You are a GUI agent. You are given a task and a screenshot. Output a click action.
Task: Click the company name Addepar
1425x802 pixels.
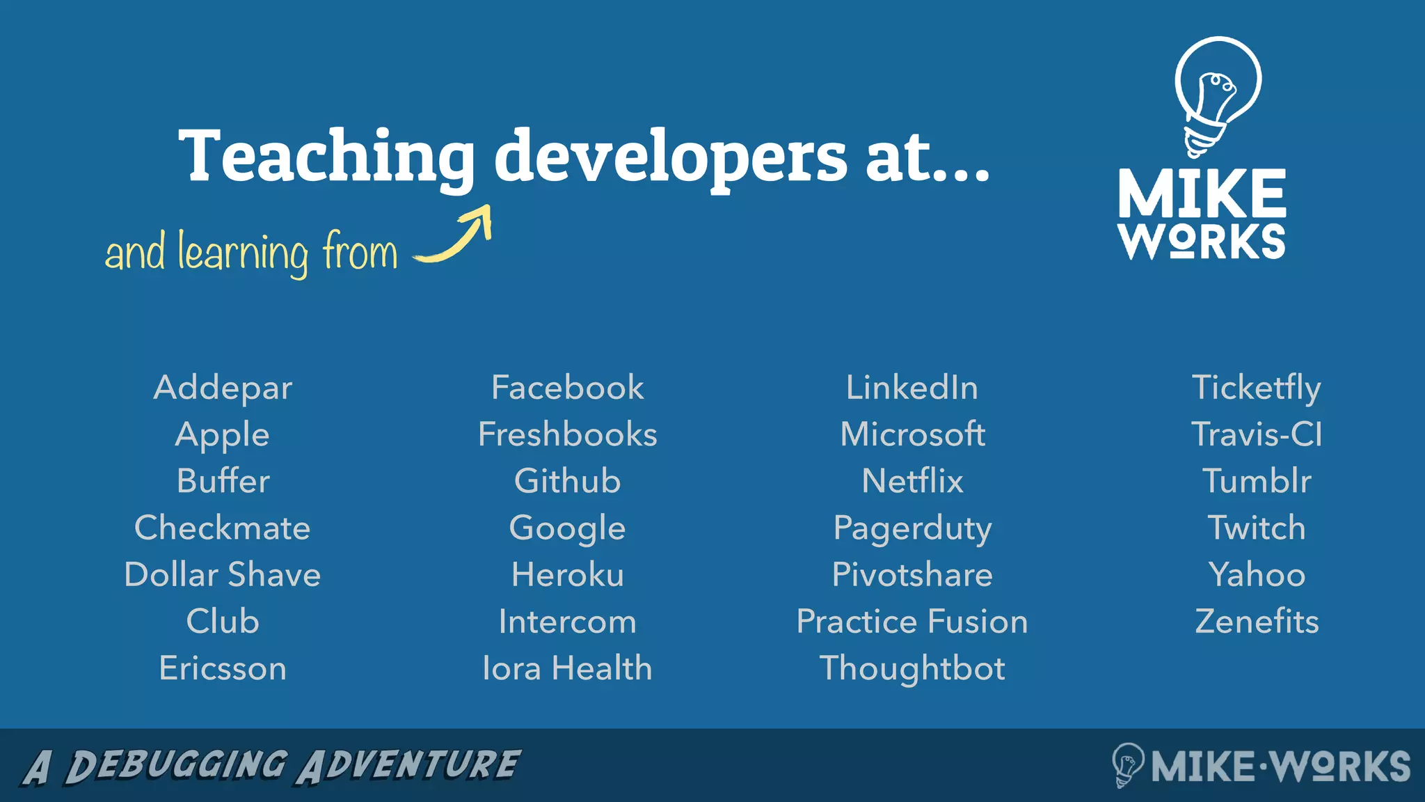223,388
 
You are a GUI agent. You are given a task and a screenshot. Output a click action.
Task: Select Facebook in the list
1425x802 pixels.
567,388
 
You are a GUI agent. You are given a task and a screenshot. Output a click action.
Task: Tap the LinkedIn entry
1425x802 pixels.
911,388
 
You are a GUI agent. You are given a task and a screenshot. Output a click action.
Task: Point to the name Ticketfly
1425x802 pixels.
1256,388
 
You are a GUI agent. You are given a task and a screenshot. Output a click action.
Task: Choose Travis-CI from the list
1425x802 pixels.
1256,434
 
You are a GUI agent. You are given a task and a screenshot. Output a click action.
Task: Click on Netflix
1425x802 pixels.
912,481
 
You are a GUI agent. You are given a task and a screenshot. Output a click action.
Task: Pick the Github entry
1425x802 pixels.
567,481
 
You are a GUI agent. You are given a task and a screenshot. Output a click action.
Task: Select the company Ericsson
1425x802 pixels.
223,668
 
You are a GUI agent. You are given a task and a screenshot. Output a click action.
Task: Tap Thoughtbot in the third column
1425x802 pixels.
912,668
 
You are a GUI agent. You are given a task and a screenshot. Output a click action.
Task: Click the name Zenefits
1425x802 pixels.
1257,622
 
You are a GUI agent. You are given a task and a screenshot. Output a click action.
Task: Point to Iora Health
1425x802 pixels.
567,668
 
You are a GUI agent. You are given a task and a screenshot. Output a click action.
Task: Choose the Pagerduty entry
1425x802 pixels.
912,528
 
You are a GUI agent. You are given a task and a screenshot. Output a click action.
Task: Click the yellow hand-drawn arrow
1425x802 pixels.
456,237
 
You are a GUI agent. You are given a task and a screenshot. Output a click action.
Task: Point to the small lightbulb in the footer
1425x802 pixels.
1127,764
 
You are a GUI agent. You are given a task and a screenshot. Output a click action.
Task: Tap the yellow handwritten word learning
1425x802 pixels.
243,252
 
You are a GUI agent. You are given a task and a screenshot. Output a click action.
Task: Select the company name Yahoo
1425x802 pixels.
1257,575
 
